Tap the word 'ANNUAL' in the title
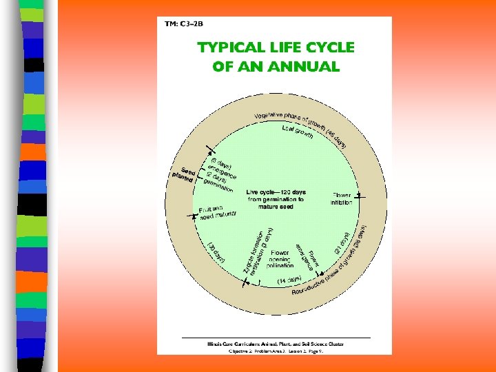[x=307, y=67]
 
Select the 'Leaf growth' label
[x=298, y=132]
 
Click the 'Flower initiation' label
[x=342, y=199]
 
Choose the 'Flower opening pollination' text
[x=280, y=258]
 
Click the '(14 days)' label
[x=289, y=280]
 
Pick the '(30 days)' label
[x=217, y=251]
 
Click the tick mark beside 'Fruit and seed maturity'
[x=192, y=216]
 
